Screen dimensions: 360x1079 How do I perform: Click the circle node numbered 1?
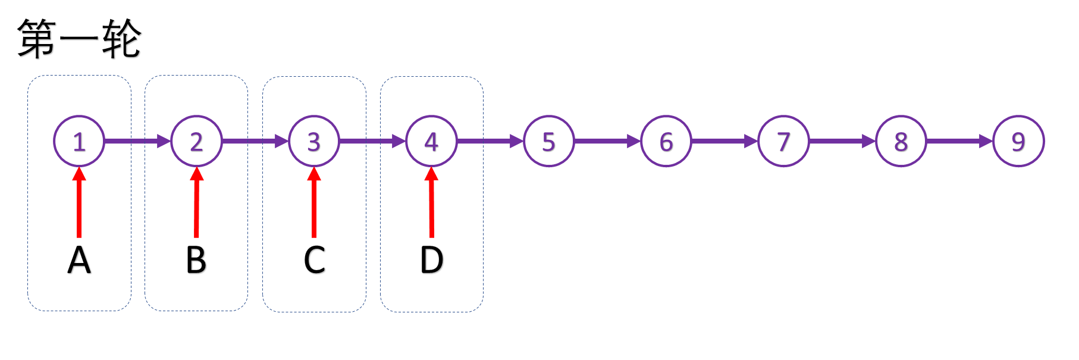pos(79,141)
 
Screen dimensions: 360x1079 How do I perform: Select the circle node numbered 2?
pos(196,141)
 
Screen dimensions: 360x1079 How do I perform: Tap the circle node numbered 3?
pos(314,141)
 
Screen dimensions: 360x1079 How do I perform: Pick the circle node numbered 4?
pos(431,141)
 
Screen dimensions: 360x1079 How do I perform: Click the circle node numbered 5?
pos(548,141)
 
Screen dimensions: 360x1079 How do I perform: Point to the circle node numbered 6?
pos(666,141)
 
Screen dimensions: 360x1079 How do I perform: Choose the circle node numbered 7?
pos(783,141)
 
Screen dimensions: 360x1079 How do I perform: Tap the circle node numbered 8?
pos(901,141)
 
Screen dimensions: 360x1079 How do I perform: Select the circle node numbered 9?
pos(1018,141)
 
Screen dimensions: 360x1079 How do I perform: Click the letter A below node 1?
pos(79,260)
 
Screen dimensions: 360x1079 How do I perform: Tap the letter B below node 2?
pos(196,260)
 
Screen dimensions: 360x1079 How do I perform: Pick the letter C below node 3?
pos(314,260)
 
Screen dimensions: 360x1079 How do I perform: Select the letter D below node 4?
pos(431,260)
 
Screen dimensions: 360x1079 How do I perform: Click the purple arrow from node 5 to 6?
pos(607,141)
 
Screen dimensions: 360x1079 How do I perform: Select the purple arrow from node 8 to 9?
pos(959,141)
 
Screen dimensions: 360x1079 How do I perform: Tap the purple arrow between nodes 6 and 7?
pos(724,141)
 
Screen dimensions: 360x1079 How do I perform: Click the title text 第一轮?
pos(79,39)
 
